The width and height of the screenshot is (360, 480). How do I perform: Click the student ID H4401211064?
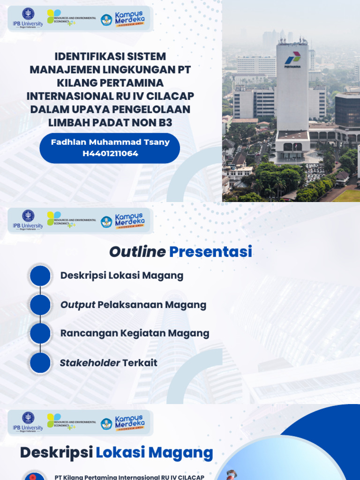[x=110, y=153]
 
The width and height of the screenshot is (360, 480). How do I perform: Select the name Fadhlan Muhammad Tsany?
[x=110, y=142]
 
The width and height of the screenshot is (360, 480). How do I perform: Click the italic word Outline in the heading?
[x=137, y=252]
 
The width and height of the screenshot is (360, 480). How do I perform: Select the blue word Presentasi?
[x=210, y=252]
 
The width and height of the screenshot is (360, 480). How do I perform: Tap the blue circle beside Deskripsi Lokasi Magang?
[x=40, y=276]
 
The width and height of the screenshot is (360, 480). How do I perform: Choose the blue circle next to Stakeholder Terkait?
[x=40, y=363]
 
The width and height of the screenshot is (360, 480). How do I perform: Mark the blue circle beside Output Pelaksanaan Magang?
[x=40, y=305]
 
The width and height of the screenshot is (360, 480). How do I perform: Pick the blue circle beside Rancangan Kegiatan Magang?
[x=40, y=334]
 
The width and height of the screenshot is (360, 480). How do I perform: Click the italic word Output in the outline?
[x=78, y=305]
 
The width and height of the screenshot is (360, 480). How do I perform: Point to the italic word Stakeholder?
[x=90, y=363]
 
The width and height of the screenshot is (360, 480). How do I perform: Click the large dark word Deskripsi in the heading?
[x=56, y=453]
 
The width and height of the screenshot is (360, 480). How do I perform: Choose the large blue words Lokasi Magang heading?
[x=155, y=453]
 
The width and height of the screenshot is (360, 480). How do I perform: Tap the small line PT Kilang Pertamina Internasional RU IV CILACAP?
[x=129, y=477]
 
